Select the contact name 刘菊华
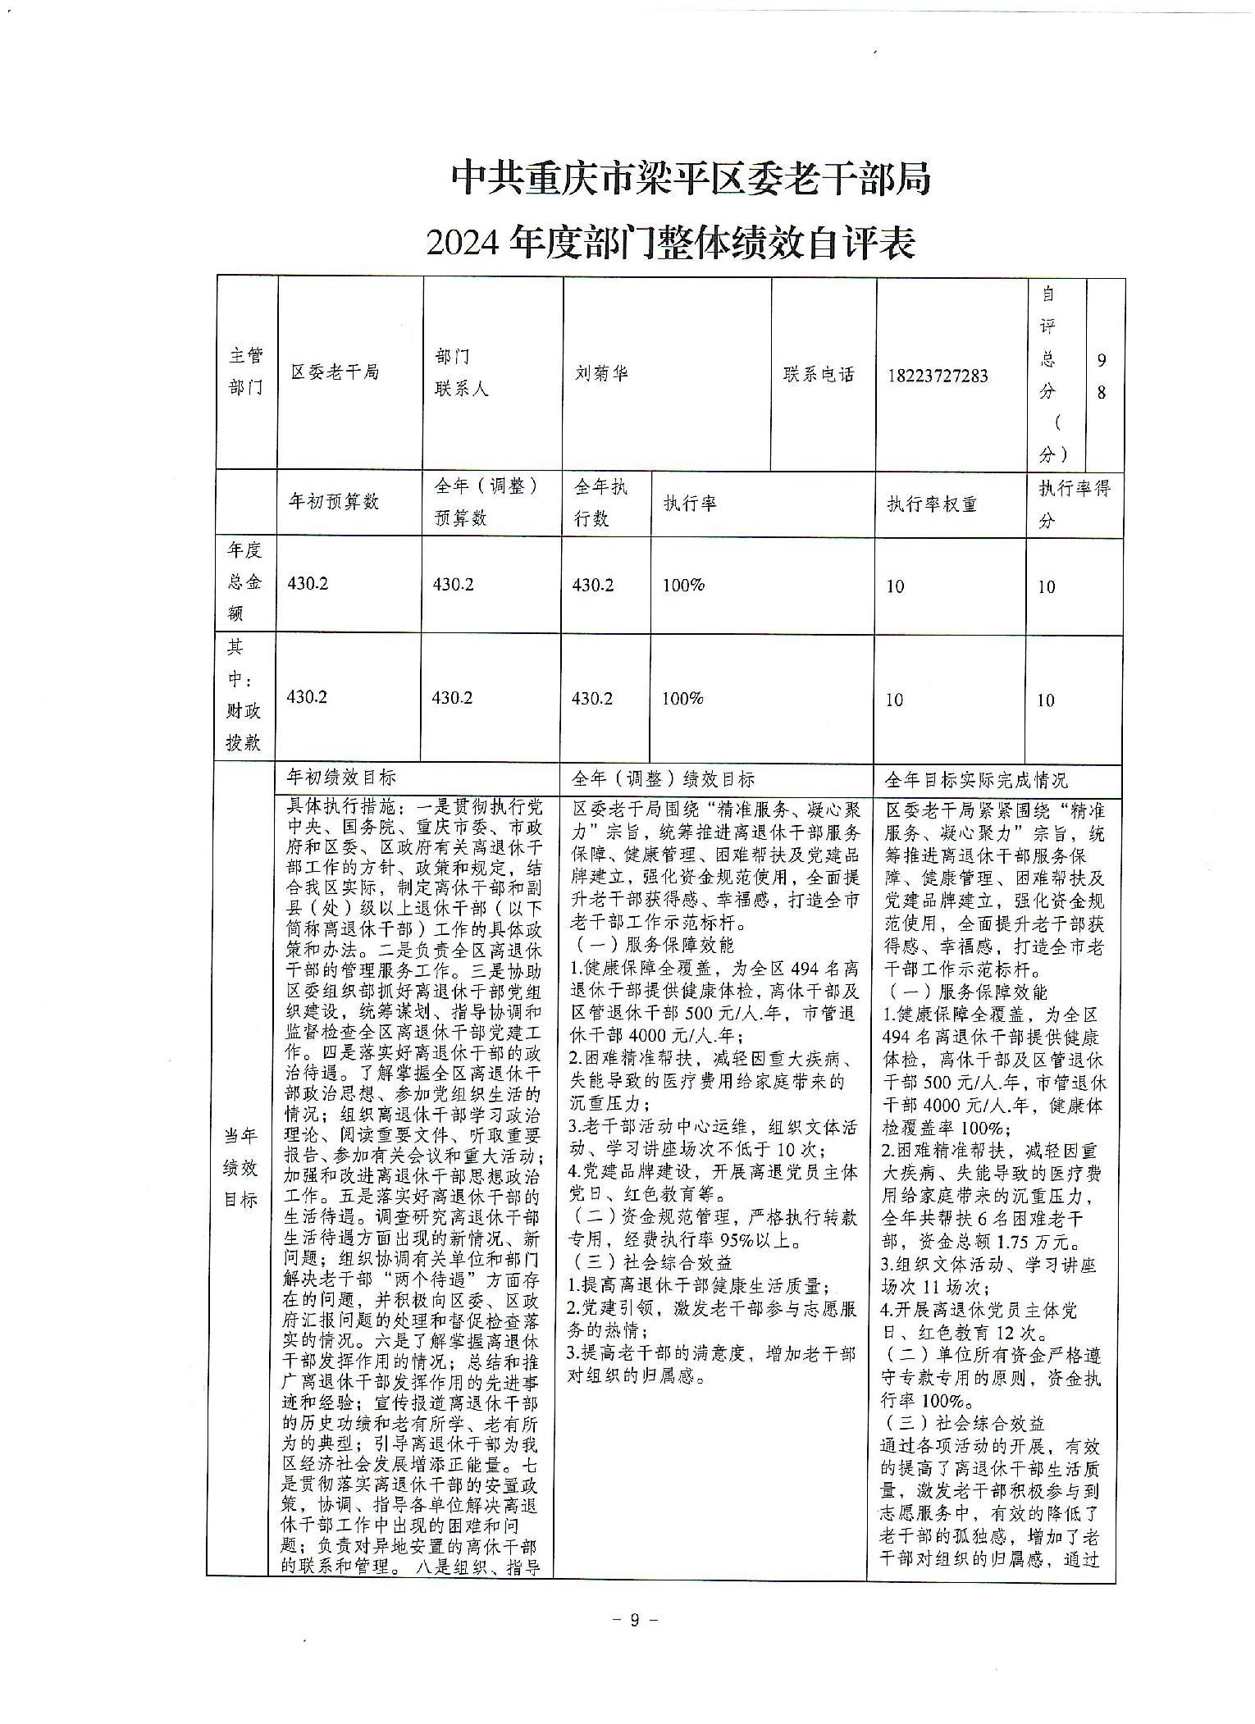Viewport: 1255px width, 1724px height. (601, 372)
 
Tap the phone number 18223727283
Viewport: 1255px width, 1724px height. (938, 376)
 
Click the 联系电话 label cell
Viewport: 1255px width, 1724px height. (819, 374)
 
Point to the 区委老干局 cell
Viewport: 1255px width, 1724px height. (335, 372)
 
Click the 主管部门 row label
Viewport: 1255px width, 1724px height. (246, 372)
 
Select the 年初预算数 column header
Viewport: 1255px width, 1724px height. (333, 502)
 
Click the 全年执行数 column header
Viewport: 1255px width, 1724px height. (601, 503)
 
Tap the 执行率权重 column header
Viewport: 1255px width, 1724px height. (932, 504)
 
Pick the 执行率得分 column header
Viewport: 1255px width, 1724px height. (1074, 504)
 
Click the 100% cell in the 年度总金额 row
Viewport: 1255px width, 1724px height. (683, 586)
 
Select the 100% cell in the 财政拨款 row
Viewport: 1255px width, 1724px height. (683, 699)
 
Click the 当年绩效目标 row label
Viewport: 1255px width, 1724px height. (241, 1168)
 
